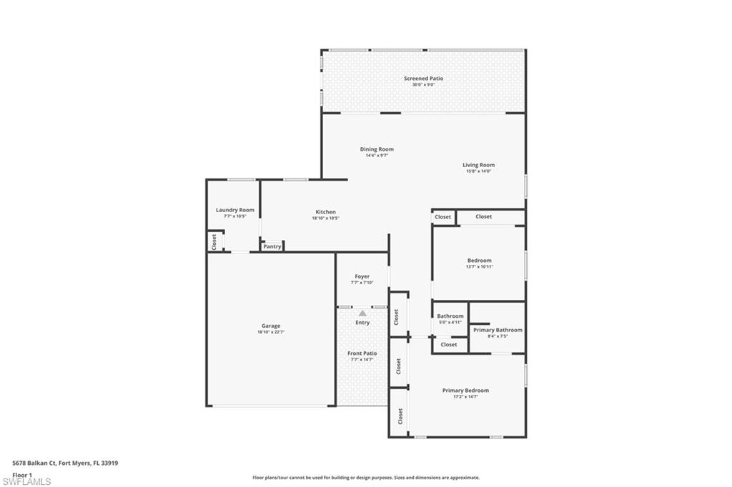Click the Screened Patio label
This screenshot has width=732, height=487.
pyautogui.click(x=423, y=79)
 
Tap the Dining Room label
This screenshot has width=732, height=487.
pyautogui.click(x=376, y=149)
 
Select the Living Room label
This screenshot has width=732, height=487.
pyautogui.click(x=478, y=165)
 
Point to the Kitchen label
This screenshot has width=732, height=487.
pyautogui.click(x=325, y=212)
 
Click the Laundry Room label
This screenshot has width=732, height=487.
pyautogui.click(x=235, y=210)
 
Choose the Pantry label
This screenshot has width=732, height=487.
pyautogui.click(x=272, y=246)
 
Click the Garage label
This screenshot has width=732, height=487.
pyautogui.click(x=270, y=326)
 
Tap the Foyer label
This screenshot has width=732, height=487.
pyautogui.click(x=362, y=276)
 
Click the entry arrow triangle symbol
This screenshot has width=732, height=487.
pyautogui.click(x=362, y=313)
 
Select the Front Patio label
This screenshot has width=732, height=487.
pyautogui.click(x=362, y=353)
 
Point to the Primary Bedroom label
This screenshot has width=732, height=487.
pyautogui.click(x=465, y=391)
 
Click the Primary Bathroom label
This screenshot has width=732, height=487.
pyautogui.click(x=498, y=330)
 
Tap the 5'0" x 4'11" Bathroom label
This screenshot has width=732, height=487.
pyautogui.click(x=450, y=316)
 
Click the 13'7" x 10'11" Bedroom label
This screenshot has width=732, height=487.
pyautogui.click(x=479, y=261)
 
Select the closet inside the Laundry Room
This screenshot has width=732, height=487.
pyautogui.click(x=214, y=241)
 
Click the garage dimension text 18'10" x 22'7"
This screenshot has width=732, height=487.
pyautogui.click(x=270, y=332)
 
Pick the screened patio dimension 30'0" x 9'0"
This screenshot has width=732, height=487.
pyautogui.click(x=423, y=85)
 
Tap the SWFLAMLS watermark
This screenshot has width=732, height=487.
pyautogui.click(x=26, y=481)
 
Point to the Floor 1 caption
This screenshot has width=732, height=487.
pyautogui.click(x=23, y=474)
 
